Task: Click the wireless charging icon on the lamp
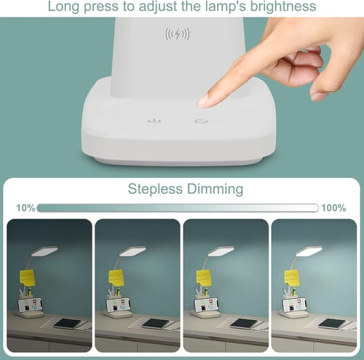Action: point(178,34)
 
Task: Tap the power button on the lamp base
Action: point(153,120)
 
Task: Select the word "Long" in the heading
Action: point(65,7)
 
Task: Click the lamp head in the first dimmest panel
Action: point(45,251)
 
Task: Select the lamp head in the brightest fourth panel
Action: point(309,251)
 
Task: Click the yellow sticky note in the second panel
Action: point(116,278)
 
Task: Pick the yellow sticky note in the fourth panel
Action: point(292,278)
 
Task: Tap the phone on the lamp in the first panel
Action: point(29,305)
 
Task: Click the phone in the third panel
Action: point(205,305)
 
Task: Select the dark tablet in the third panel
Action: point(243,323)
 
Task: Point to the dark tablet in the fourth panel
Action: point(331,323)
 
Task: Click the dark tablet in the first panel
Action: point(67,323)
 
